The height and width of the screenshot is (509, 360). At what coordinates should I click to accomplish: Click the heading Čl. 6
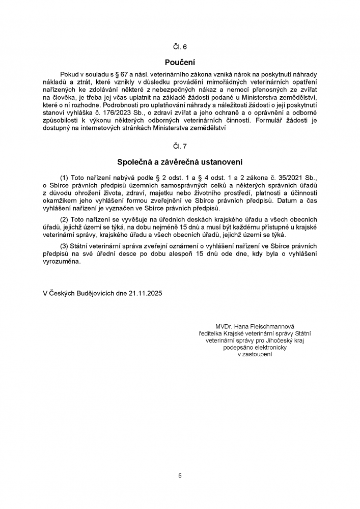click(x=180, y=47)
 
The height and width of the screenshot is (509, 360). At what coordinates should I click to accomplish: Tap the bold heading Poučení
click(x=180, y=62)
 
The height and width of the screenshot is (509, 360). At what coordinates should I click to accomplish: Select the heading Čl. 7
click(x=180, y=146)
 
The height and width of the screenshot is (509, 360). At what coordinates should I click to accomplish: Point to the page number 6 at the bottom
click(x=180, y=476)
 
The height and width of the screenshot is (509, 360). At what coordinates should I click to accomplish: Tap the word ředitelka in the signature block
click(x=211, y=333)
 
